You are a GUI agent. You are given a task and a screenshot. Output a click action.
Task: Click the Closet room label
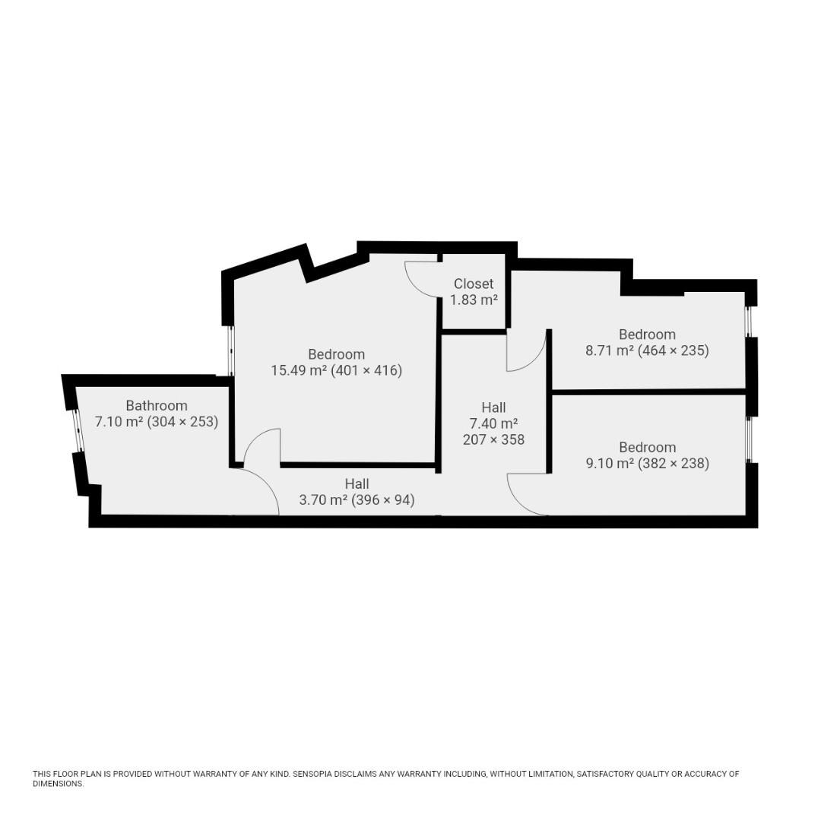[x=474, y=284]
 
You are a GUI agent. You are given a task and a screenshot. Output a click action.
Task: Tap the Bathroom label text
[x=157, y=405]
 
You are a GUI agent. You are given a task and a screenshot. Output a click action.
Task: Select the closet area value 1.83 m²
[x=474, y=300]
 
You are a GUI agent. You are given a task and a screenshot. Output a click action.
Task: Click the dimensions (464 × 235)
[x=674, y=350]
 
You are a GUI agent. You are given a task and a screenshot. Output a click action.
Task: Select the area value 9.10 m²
[x=610, y=464]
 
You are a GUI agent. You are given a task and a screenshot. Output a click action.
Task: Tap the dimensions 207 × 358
[x=494, y=439]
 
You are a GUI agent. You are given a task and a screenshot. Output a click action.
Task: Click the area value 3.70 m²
[x=323, y=500]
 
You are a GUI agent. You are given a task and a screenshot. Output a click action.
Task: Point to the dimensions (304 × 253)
[x=182, y=421]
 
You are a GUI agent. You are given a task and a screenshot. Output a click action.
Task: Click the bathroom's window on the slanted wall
[x=78, y=430]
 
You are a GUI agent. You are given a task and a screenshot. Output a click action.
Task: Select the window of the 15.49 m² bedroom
[x=231, y=350]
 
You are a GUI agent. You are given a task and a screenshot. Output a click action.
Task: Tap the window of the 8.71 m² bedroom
[x=749, y=322]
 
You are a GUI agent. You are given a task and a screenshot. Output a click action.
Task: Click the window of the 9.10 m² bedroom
[x=750, y=439]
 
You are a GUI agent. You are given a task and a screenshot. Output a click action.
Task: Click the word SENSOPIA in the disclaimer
[x=312, y=774]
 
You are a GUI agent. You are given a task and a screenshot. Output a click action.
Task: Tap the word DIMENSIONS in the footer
[x=58, y=784]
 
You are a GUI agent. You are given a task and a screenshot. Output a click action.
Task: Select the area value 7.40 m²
[x=494, y=423]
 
